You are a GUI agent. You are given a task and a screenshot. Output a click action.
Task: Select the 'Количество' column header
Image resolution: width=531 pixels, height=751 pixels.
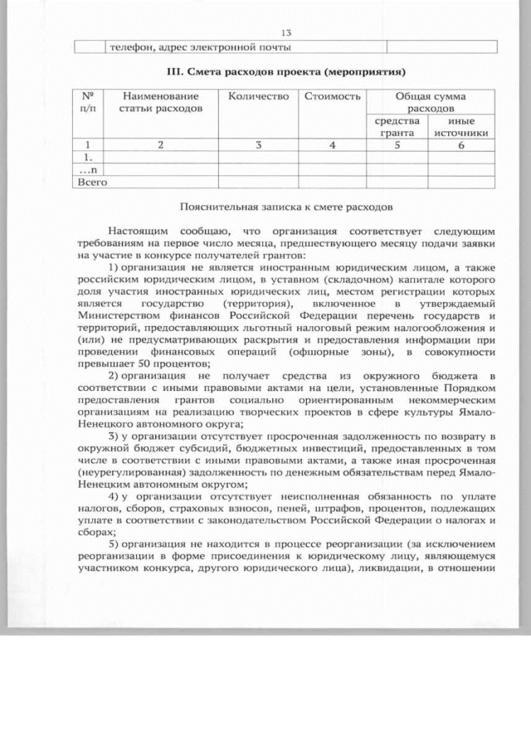click(x=258, y=97)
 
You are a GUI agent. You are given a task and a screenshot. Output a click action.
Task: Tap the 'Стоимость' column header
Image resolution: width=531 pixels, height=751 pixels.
click(x=332, y=97)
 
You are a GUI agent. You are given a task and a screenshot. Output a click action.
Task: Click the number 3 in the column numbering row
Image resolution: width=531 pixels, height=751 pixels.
click(x=258, y=145)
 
